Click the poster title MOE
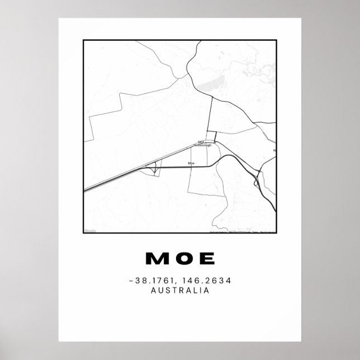pyautogui.click(x=180, y=258)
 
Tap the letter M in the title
pyautogui.click(x=155, y=258)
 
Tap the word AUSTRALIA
pyautogui.click(x=180, y=290)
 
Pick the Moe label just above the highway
pyautogui.click(x=192, y=163)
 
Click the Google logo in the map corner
pyautogui.click(x=89, y=230)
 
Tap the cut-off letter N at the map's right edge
pyautogui.click(x=274, y=150)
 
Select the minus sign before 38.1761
pyautogui.click(x=129, y=281)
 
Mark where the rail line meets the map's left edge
pyautogui.click(x=84, y=190)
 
